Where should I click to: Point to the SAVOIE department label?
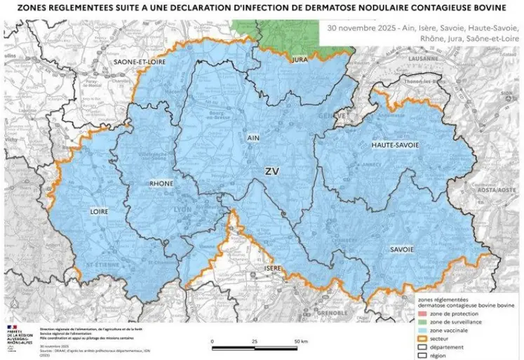[398, 249]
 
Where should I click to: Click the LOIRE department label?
[99, 210]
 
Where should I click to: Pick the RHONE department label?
[161, 184]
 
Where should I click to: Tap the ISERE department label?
[273, 269]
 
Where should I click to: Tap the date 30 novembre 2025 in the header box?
[358, 29]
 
